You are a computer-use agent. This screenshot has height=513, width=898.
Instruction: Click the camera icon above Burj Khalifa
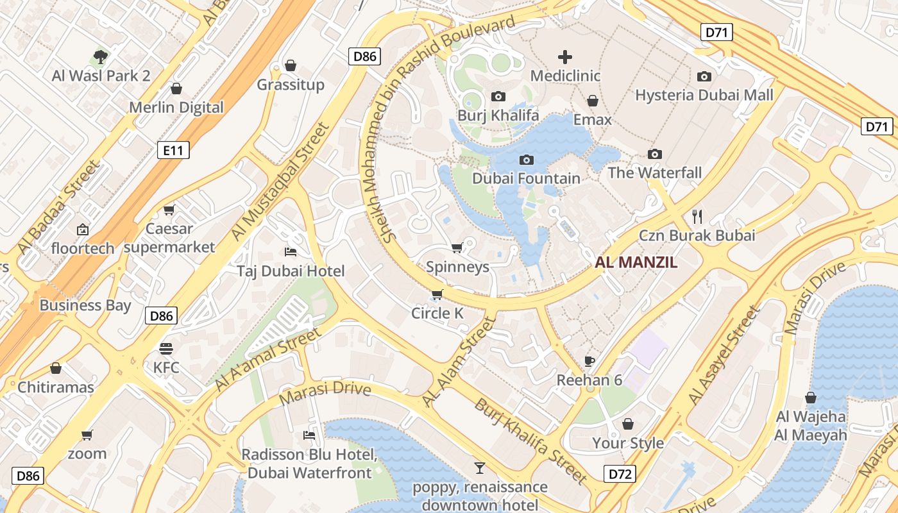point(498,97)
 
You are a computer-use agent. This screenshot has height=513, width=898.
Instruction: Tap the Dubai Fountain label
point(526,178)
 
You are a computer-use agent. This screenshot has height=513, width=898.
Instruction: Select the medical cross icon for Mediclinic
point(565,57)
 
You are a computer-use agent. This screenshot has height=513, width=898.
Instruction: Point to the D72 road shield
point(620,475)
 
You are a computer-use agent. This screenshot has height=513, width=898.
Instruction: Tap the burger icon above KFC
point(166,349)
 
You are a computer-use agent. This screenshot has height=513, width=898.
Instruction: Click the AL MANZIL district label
point(636,262)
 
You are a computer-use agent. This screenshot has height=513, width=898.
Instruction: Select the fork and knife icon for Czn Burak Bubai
point(697,216)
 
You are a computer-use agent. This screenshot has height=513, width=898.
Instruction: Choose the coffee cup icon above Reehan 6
point(589,361)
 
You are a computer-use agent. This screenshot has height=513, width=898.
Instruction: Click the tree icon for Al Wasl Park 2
point(101,57)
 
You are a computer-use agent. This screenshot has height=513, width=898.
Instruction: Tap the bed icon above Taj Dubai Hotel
point(291,252)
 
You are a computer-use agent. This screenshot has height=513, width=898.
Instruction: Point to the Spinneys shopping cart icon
point(457,248)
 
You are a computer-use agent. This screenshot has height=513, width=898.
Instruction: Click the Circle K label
point(437,313)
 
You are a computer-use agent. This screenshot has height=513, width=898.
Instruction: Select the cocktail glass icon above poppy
point(479,467)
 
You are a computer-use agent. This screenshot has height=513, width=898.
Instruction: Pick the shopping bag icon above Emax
point(593,101)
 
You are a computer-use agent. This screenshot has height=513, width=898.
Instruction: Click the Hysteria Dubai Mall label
point(704,95)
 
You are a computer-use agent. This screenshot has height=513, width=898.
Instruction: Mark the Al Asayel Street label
point(724,355)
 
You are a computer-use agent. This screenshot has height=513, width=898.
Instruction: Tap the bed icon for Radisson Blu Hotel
point(309,435)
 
